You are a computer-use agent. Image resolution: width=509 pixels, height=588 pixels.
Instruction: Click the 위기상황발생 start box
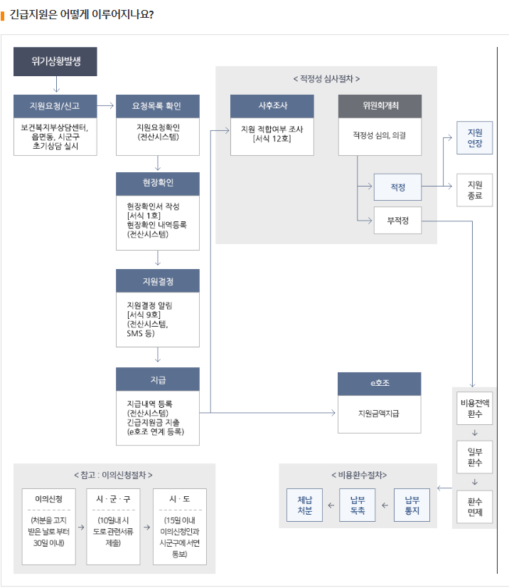(55, 62)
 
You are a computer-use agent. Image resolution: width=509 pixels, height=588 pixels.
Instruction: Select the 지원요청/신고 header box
(55, 106)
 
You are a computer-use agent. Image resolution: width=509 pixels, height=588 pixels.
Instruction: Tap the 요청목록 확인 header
(157, 106)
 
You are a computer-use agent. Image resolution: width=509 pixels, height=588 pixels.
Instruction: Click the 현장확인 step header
(157, 183)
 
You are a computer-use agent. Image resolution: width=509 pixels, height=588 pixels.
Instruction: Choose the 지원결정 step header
(157, 280)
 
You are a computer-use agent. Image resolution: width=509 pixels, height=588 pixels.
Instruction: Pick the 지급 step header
(157, 379)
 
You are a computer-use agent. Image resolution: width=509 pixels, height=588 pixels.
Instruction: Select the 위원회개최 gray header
(380, 106)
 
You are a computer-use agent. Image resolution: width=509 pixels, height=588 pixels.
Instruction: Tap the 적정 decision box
(397, 187)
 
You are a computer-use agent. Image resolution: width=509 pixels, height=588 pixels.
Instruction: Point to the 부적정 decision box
(397, 221)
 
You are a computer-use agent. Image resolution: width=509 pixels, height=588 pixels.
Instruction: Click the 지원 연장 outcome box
(474, 138)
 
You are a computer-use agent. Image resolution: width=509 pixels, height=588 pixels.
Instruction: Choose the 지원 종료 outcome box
(474, 189)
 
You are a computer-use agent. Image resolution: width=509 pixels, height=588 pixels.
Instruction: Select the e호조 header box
(379, 384)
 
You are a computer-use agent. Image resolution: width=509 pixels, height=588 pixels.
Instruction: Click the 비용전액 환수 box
(474, 407)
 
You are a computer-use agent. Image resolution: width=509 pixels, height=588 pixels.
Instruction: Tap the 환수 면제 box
(474, 506)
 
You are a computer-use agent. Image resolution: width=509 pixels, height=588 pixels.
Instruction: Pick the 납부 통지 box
(412, 505)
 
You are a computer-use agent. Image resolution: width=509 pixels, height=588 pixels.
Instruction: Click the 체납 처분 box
(304, 505)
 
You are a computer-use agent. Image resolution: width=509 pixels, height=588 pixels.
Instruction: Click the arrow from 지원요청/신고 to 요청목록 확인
(106, 106)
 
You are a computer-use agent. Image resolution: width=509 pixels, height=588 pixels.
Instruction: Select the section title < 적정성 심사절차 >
(326, 78)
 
